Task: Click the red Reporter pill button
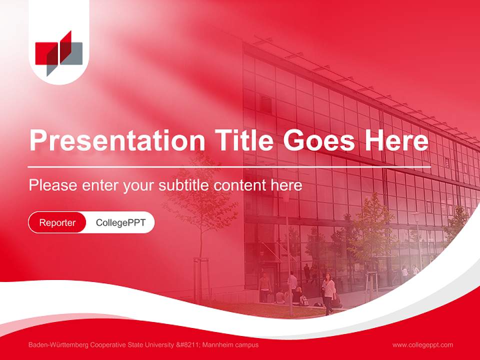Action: pos(57,222)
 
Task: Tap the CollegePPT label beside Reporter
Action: pos(120,222)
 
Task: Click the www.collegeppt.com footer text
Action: pos(422,345)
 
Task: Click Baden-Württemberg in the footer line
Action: pos(54,345)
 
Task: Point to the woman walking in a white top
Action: pos(328,292)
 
